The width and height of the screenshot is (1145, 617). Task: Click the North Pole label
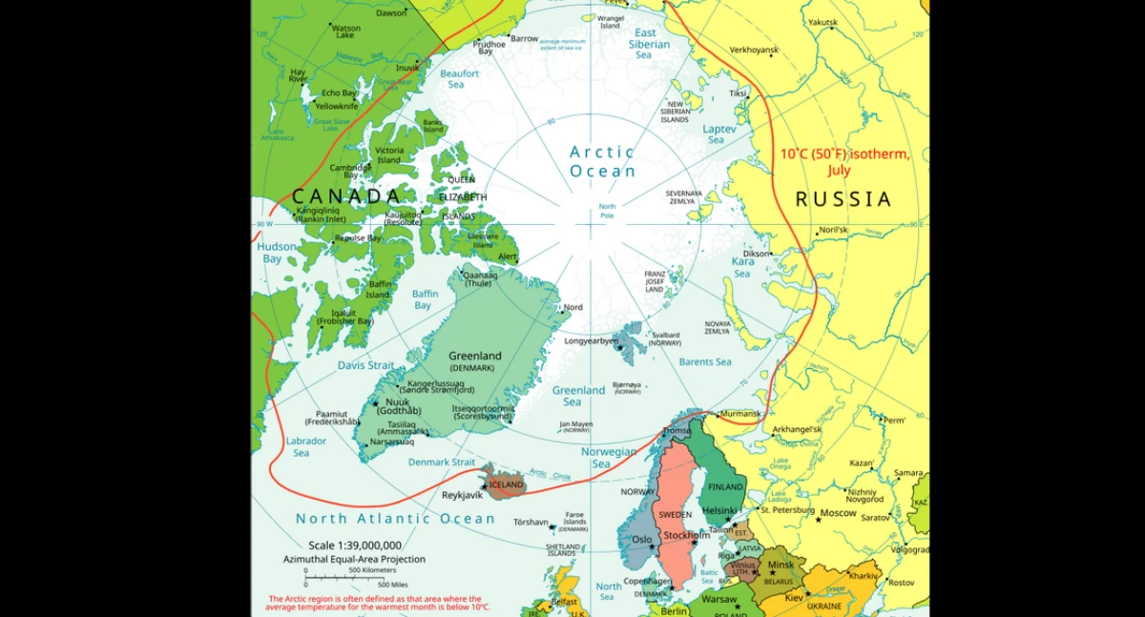point(607,211)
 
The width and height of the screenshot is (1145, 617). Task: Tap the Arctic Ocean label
point(602,161)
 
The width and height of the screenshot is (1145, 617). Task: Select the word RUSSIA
point(843,199)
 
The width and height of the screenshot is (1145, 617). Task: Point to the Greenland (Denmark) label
point(474,361)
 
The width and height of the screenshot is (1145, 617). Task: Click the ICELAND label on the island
point(506,484)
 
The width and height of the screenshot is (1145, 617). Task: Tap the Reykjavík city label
point(463,495)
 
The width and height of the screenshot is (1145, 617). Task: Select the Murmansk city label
point(740,414)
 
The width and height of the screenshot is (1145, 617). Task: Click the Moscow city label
point(839,513)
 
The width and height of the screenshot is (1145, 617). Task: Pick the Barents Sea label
point(704,362)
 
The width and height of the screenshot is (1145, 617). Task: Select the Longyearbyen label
point(592,340)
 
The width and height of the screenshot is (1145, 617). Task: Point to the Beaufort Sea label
point(459,78)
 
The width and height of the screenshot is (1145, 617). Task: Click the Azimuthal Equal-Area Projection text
point(354,559)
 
